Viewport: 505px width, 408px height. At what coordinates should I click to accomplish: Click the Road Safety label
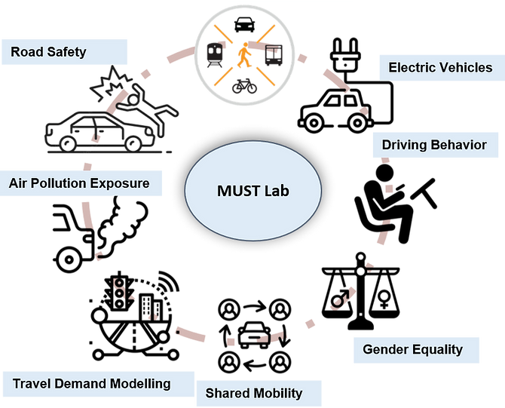(49, 52)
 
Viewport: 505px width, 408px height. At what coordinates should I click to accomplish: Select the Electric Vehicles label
(440, 68)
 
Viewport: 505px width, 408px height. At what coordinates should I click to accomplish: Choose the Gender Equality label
(412, 349)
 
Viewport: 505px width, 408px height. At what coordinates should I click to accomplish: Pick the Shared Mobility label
(254, 393)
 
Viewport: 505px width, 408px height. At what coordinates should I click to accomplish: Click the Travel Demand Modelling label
(91, 384)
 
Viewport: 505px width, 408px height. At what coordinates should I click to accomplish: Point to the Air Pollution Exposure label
(79, 183)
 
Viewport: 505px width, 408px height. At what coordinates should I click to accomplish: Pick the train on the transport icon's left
(213, 53)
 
